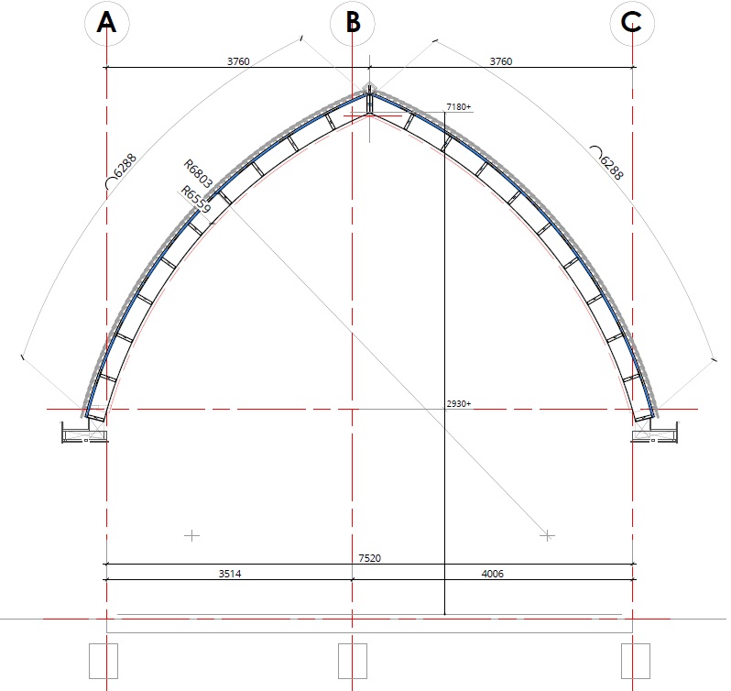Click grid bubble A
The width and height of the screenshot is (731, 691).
pos(107,24)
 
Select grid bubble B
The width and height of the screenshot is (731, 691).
pos(353,24)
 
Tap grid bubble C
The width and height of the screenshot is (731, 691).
pos(632,24)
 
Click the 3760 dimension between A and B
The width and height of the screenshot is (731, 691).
pos(238,61)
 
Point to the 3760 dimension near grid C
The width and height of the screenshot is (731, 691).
pos(501,61)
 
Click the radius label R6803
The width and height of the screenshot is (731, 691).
pos(198,173)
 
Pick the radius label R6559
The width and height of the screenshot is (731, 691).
pos(196,199)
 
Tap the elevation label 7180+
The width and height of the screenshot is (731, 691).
pos(459,107)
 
